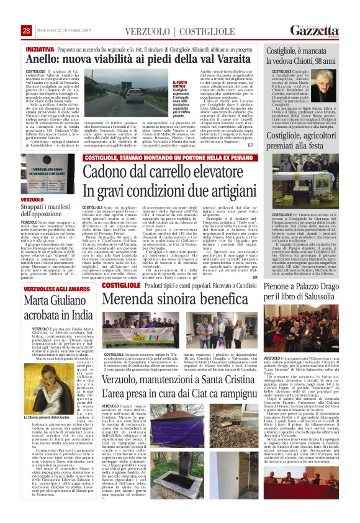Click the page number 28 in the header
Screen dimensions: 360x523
click(26, 31)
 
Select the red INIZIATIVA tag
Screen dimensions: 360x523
click(40, 48)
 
